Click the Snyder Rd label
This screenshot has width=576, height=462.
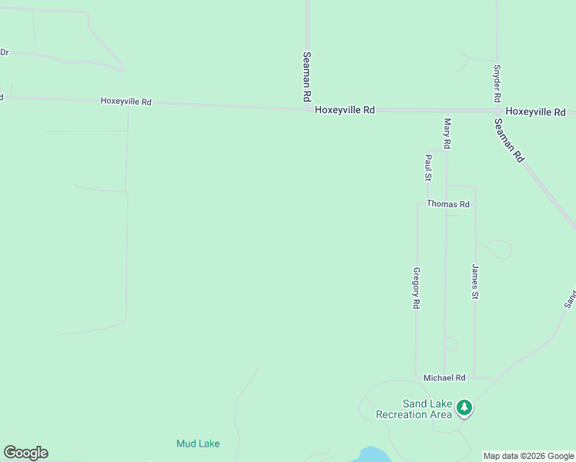click(x=497, y=82)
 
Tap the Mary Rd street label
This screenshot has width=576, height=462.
click(x=447, y=132)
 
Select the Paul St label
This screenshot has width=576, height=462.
click(x=428, y=167)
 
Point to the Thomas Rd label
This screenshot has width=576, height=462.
click(x=448, y=204)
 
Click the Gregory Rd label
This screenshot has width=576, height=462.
click(x=416, y=289)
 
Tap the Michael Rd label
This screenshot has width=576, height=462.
click(x=444, y=378)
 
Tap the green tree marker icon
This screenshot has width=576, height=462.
click(x=464, y=406)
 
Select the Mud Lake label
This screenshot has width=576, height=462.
click(x=198, y=444)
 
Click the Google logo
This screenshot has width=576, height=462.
click(x=25, y=453)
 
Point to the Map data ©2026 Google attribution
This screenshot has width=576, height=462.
click(x=529, y=457)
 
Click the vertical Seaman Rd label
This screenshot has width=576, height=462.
click(x=306, y=77)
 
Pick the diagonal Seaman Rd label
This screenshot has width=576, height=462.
click(x=510, y=139)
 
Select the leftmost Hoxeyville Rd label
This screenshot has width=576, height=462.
click(x=126, y=101)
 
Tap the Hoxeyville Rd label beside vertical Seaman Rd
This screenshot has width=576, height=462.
click(x=344, y=110)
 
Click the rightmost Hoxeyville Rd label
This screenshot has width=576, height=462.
click(x=535, y=112)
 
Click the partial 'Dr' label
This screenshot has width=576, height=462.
click(x=4, y=52)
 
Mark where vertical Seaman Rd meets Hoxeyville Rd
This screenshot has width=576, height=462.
click(x=306, y=109)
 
